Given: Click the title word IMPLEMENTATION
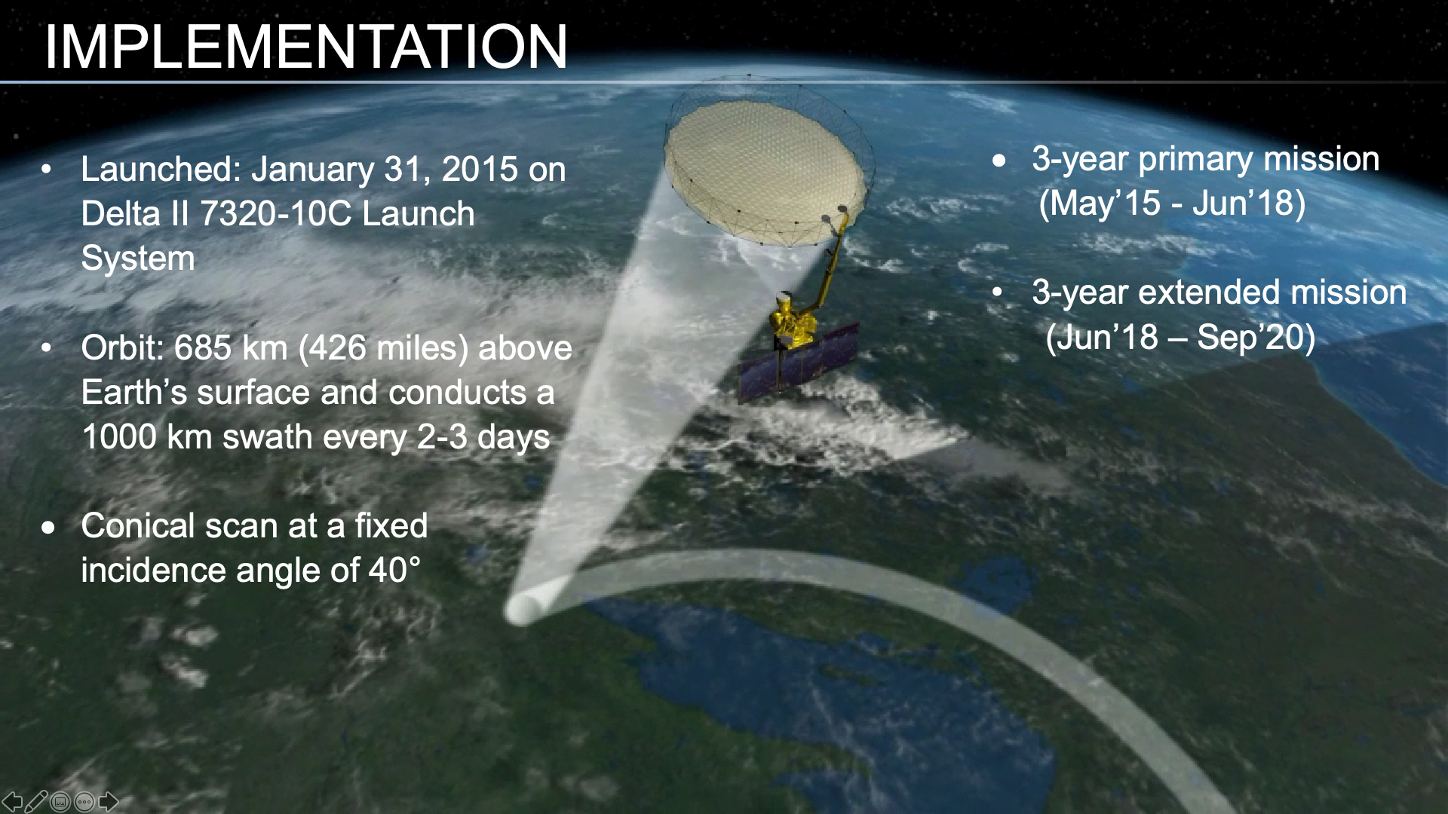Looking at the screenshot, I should click(305, 47).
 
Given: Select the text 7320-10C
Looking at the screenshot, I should click(276, 214).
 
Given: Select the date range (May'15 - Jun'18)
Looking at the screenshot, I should click(1171, 203).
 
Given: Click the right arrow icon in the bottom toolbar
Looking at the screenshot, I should click(109, 802).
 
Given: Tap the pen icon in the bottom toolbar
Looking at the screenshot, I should click(36, 802).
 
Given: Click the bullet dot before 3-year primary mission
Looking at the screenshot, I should click(999, 161).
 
